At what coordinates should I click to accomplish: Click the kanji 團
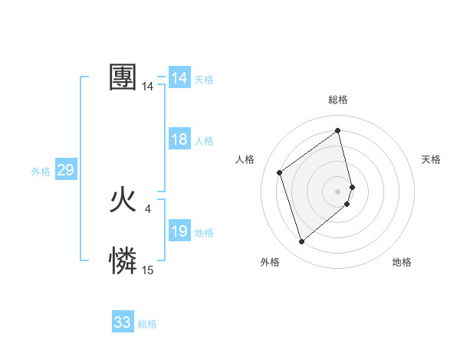(123, 77)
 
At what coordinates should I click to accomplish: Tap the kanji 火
(123, 201)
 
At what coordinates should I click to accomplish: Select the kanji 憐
(123, 261)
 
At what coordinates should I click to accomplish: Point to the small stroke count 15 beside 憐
(147, 270)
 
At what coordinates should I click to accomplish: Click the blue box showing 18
(179, 139)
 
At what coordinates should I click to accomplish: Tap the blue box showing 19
(179, 231)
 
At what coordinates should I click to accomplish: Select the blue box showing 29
(65, 170)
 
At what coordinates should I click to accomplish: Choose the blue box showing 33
(123, 322)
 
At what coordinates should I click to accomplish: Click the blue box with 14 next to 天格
(179, 78)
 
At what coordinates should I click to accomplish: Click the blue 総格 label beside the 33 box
(147, 324)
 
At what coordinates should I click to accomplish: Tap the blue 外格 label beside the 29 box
(41, 172)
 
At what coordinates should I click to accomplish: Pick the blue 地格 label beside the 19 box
(204, 233)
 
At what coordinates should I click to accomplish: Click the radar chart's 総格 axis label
(338, 100)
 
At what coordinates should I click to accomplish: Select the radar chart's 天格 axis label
(431, 159)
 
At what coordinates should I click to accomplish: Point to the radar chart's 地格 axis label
(402, 262)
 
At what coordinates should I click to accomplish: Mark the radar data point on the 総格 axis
(338, 131)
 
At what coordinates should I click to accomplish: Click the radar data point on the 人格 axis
(280, 172)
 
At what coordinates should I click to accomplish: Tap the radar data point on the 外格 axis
(301, 242)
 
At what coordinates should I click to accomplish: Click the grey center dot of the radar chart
(338, 191)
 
